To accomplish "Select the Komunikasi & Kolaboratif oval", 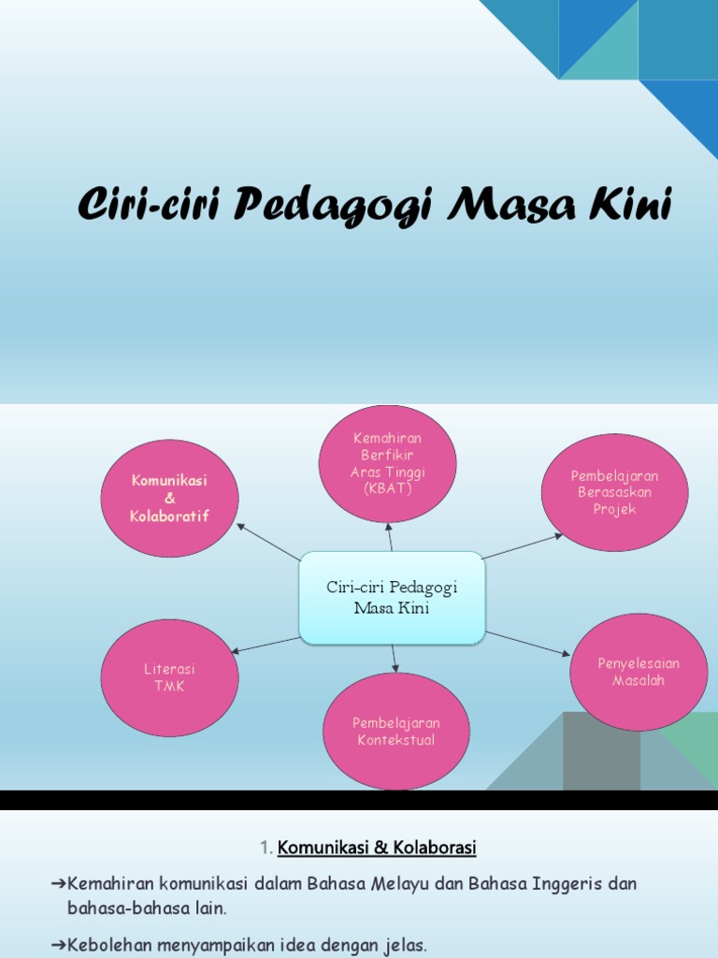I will pyautogui.click(x=169, y=498).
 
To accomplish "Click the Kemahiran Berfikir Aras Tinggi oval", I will pyautogui.click(x=387, y=463).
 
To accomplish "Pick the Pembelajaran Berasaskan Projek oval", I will pyautogui.click(x=614, y=492).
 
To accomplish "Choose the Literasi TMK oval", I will pyautogui.click(x=169, y=677).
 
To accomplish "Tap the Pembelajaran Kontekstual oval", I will pyautogui.click(x=395, y=731).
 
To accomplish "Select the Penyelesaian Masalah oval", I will pyautogui.click(x=639, y=672).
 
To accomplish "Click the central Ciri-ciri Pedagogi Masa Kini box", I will pyautogui.click(x=392, y=597).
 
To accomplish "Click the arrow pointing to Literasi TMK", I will pyautogui.click(x=266, y=645).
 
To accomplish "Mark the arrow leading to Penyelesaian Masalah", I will pyautogui.click(x=527, y=643).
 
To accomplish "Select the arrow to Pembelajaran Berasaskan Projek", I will pyautogui.click(x=524, y=546).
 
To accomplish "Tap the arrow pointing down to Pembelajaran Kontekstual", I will pyautogui.click(x=395, y=658).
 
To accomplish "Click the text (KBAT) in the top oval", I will pyautogui.click(x=387, y=489).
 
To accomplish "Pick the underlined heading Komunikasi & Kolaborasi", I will pyautogui.click(x=377, y=848).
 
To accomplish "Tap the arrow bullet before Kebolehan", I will pyautogui.click(x=58, y=946).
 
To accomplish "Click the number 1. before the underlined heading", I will pyautogui.click(x=266, y=848).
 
